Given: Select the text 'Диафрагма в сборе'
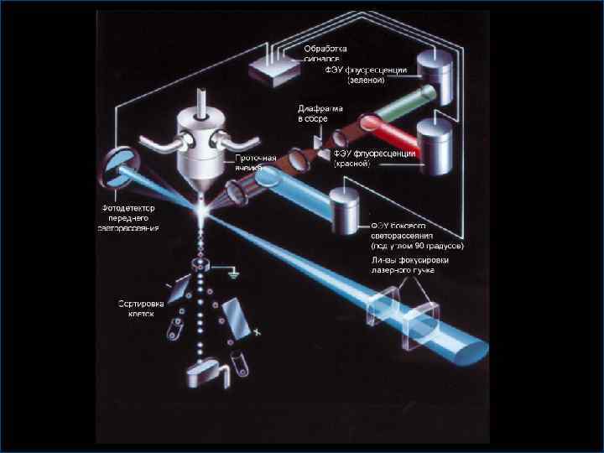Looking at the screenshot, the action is pos(318,113).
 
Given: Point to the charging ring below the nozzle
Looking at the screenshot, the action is pos(200,265).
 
